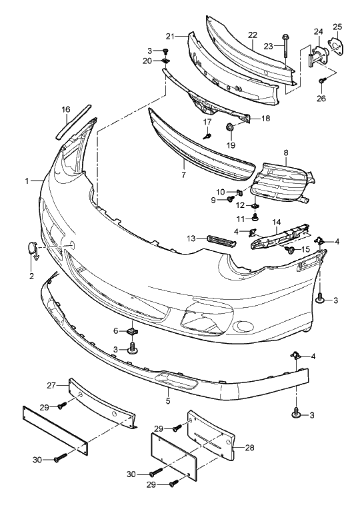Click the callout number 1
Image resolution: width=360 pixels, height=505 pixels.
[27, 181]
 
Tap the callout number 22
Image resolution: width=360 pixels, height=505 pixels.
[253, 35]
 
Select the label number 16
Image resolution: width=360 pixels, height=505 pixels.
[66, 109]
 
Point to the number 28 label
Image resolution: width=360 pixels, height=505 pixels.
[249, 448]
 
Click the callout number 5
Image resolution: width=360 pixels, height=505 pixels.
[168, 400]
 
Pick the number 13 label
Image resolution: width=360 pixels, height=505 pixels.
[191, 239]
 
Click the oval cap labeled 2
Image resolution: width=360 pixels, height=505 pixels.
[33, 248]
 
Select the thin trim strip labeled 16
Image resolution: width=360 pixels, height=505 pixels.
[73, 122]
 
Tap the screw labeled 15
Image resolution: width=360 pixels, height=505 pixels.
[291, 250]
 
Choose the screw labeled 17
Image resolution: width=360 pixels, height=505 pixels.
[207, 136]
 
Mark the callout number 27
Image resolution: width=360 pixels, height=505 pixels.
[52, 385]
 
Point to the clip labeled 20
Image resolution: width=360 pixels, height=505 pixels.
[166, 61]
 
